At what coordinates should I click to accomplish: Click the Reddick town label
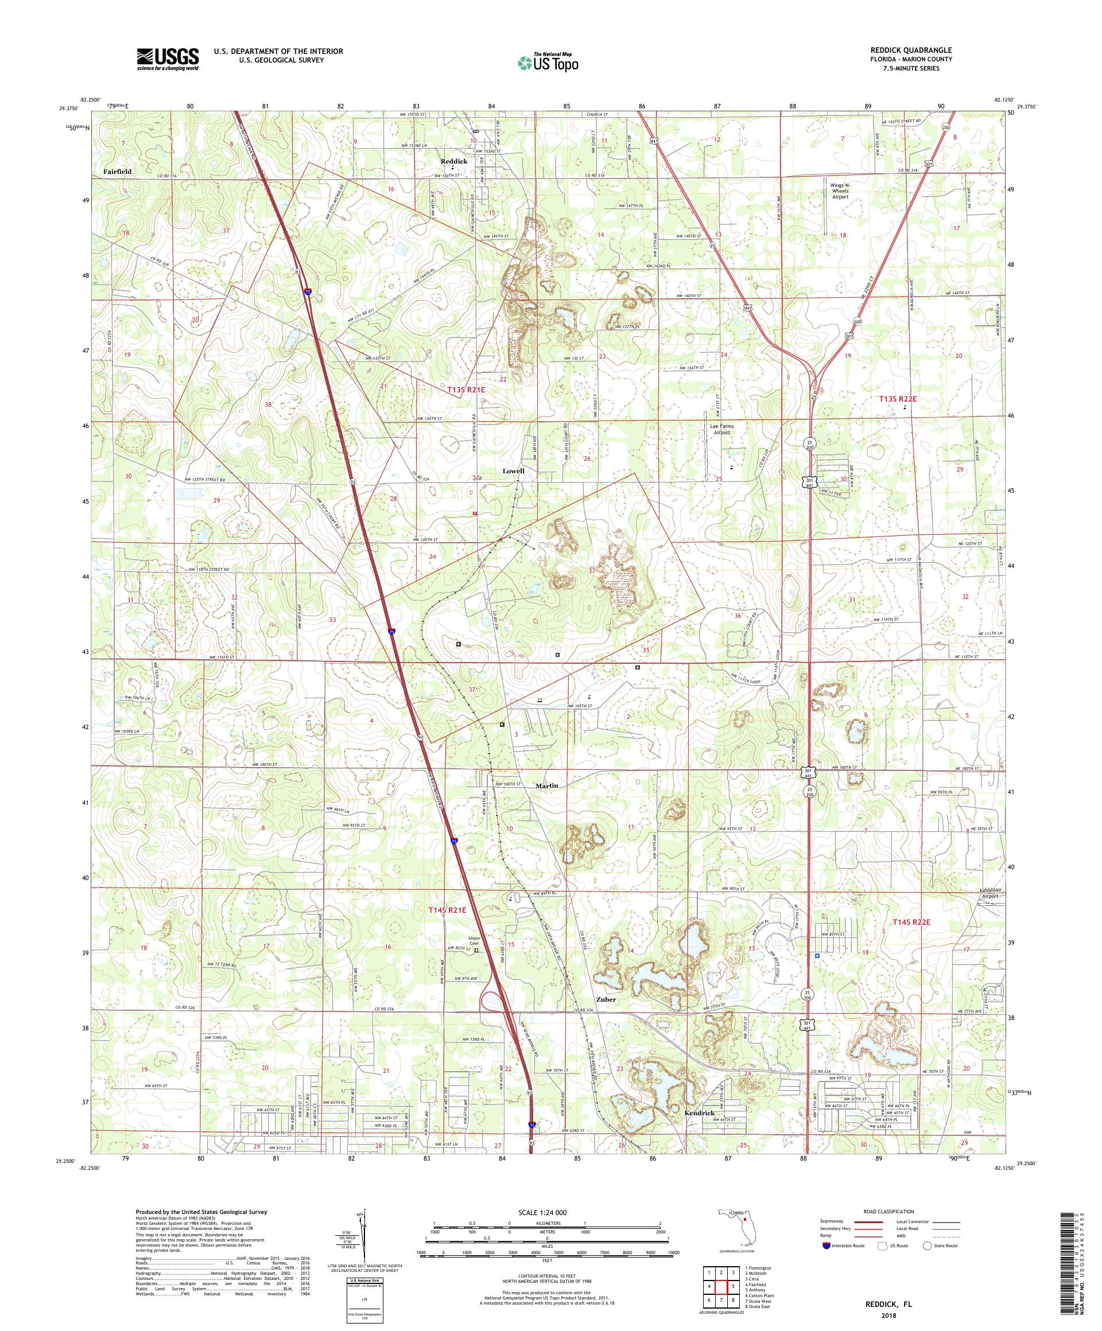coord(454,162)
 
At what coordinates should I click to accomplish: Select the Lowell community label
coord(514,471)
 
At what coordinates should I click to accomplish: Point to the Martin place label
coord(546,785)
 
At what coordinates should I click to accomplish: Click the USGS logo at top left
coord(168,60)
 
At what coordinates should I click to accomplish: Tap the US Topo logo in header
coord(549,62)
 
